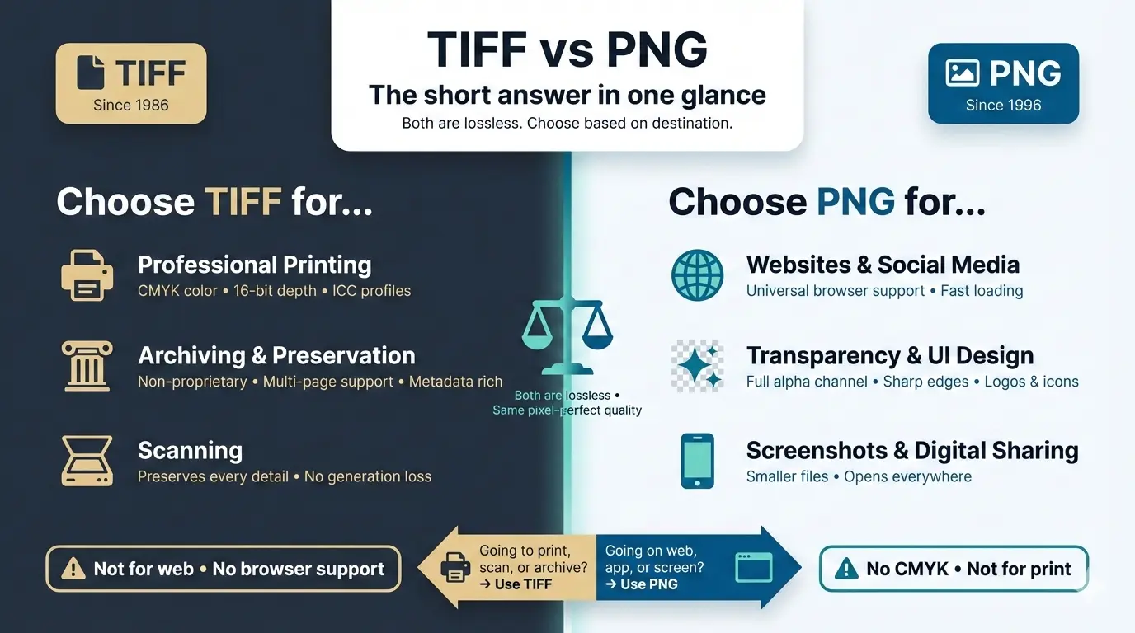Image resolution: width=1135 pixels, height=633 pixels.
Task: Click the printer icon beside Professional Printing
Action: [87, 275]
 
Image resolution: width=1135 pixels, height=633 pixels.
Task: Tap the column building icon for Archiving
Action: [87, 366]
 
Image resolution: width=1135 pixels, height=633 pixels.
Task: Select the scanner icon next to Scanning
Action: [87, 461]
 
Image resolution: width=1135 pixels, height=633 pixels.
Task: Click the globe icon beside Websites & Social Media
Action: [697, 275]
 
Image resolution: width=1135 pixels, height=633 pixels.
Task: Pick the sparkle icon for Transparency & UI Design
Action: [697, 366]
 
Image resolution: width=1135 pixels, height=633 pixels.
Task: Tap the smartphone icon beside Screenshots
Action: [697, 461]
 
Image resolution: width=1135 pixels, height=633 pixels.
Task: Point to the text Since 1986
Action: [130, 105]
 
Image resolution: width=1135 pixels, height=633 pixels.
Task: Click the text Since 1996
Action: [1003, 105]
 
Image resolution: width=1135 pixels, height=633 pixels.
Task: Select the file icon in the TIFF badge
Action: [91, 73]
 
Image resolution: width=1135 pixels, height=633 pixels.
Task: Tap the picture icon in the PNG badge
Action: [963, 73]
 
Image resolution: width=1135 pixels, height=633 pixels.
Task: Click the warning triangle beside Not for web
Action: [73, 569]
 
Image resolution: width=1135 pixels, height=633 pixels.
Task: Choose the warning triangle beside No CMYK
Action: [846, 569]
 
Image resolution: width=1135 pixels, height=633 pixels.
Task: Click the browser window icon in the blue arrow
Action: [752, 567]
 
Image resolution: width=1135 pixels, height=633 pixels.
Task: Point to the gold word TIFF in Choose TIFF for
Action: [243, 202]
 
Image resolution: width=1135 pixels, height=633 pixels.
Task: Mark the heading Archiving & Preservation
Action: [276, 355]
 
